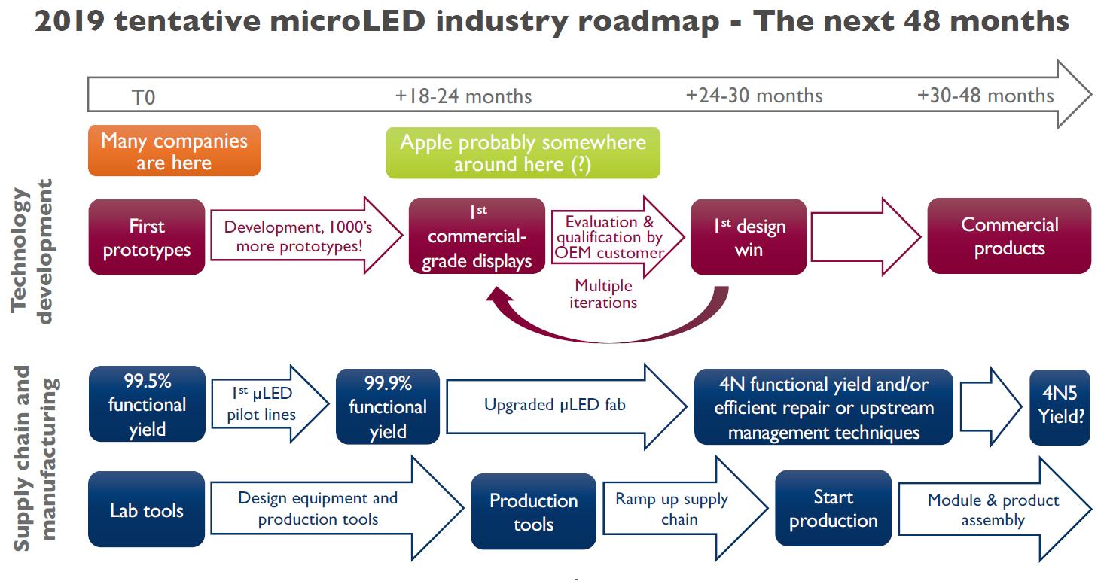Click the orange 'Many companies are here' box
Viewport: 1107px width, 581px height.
tap(174, 151)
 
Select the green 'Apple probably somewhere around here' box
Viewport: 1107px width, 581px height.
tap(523, 153)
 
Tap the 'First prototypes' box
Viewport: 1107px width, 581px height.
tap(146, 237)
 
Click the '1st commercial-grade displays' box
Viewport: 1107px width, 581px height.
tap(476, 236)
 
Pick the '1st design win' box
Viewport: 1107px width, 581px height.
tap(748, 236)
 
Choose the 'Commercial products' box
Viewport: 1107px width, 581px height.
tap(1008, 236)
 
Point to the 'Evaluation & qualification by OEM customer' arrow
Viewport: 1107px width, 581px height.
tap(614, 236)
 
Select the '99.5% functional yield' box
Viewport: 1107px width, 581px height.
tap(146, 404)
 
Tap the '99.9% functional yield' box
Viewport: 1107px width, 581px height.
tap(387, 406)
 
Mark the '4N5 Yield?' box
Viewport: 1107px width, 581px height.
tap(1059, 406)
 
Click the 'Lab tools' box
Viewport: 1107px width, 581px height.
tap(146, 510)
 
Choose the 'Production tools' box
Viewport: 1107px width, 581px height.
tap(533, 512)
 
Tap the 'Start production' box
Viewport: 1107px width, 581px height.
tap(833, 509)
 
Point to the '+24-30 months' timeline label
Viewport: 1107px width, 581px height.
tap(754, 96)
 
